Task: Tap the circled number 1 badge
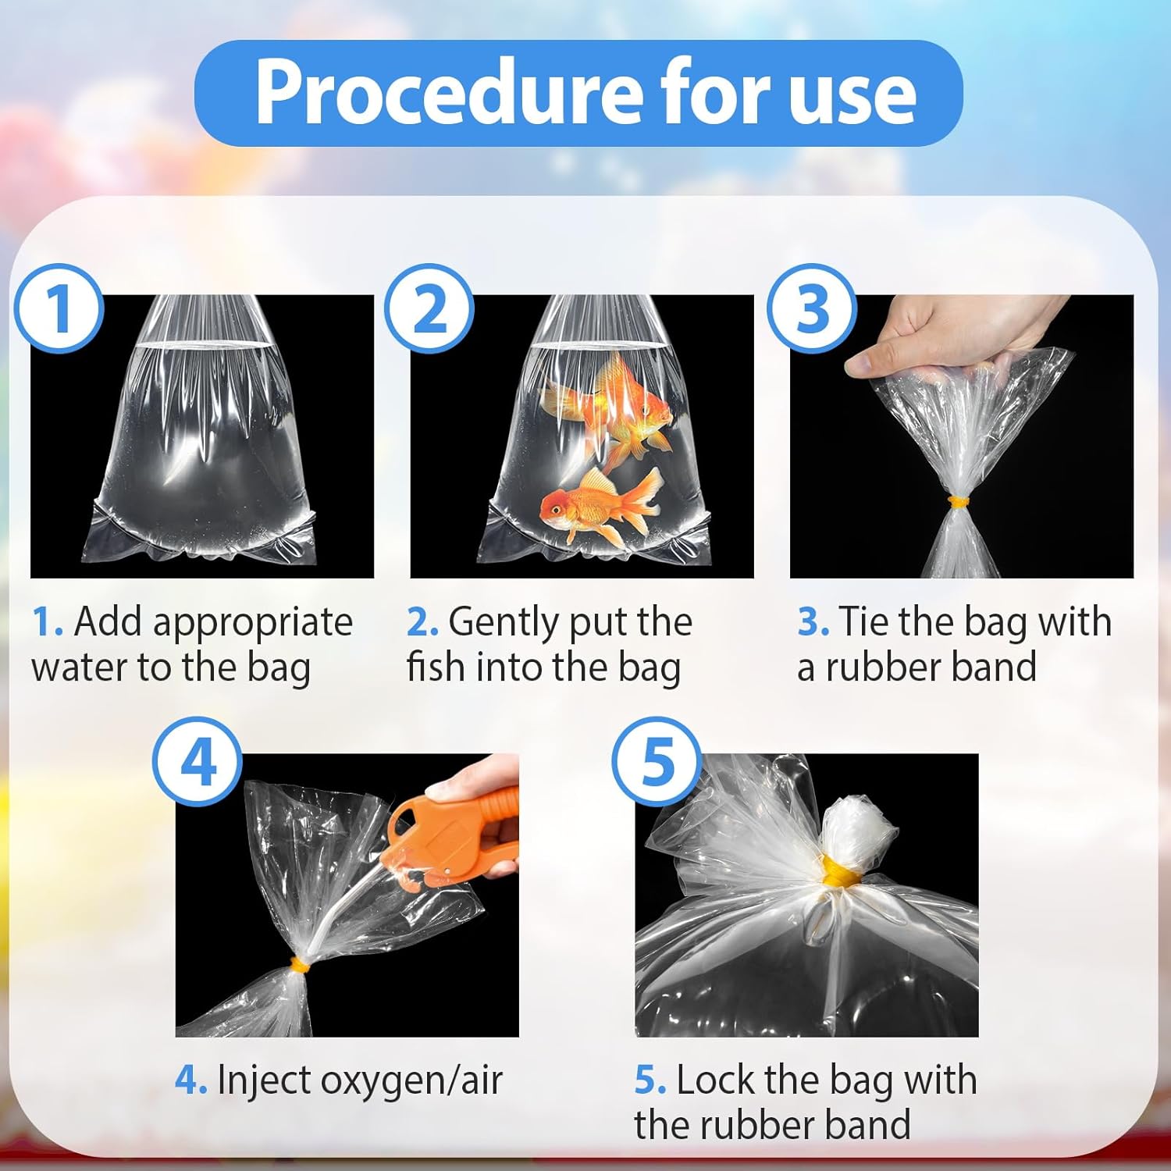[x=59, y=308]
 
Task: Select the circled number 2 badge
[x=429, y=308]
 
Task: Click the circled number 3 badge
[x=812, y=308]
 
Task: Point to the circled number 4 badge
[x=198, y=762]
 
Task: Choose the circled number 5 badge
[x=657, y=762]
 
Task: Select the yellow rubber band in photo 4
[x=297, y=966]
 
